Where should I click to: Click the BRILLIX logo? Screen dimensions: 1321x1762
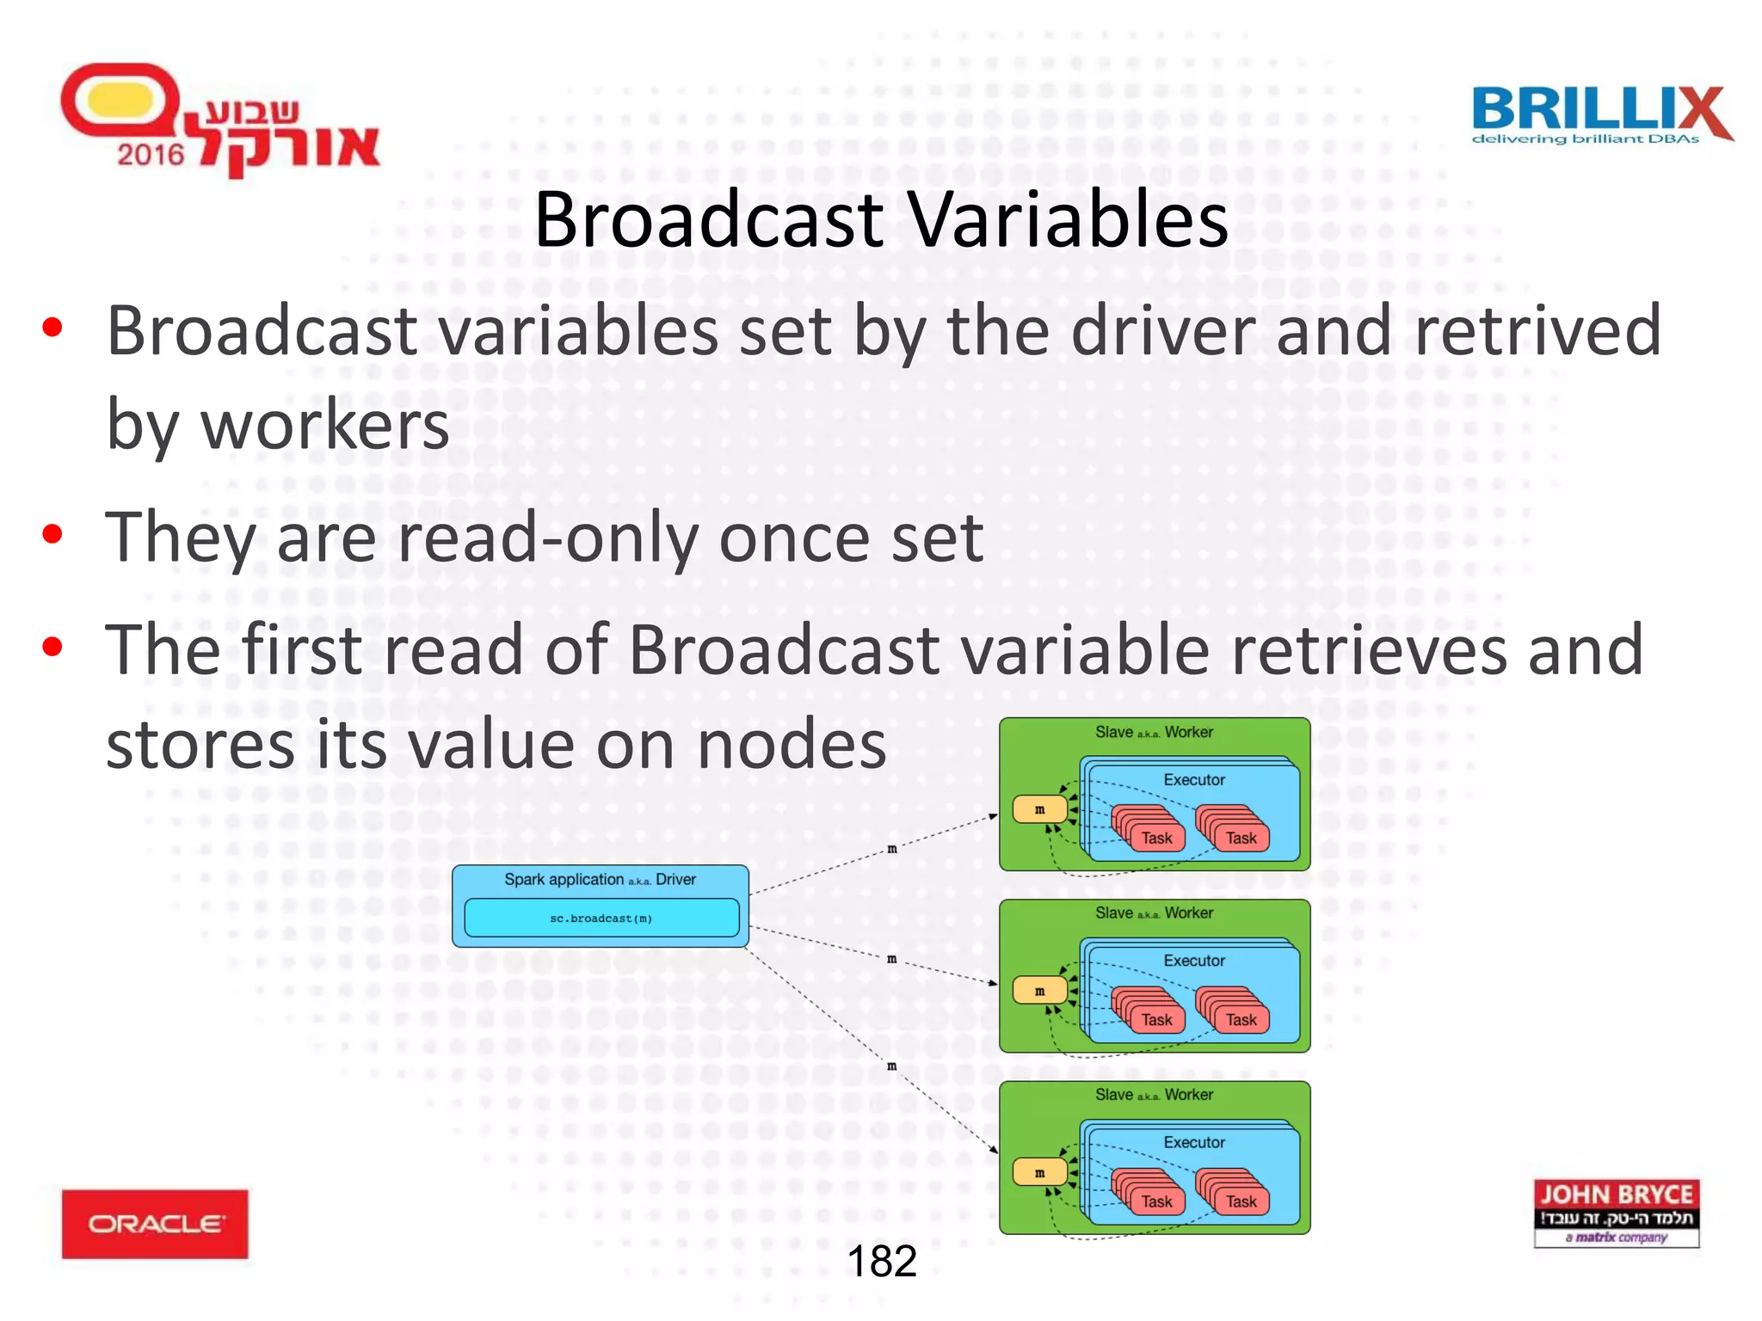1600,114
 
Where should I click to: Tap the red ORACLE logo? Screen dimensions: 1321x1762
155,1223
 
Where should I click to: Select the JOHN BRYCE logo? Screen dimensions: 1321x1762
1616,1213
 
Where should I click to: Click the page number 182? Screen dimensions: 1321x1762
882,1262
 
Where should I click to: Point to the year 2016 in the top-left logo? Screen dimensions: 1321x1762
151,155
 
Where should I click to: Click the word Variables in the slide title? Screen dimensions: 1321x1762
1068,220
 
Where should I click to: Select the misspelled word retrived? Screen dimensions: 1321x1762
1537,330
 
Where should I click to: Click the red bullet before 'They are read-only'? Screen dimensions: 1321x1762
53,535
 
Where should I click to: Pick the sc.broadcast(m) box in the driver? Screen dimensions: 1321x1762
601,918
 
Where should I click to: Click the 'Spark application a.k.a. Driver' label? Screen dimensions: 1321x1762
600,879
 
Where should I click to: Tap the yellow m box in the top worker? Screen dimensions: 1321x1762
1039,809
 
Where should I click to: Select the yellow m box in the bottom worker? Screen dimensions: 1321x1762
1039,1172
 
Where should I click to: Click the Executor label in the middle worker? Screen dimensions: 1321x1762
1194,961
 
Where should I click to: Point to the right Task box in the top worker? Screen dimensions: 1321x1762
1241,838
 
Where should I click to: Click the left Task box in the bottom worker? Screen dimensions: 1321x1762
1156,1201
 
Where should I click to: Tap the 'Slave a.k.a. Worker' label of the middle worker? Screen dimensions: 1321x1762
1154,912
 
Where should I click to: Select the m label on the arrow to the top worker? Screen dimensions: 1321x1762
892,849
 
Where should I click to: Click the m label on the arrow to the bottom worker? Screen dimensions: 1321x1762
892,1066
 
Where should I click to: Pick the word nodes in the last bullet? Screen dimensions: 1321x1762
792,745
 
